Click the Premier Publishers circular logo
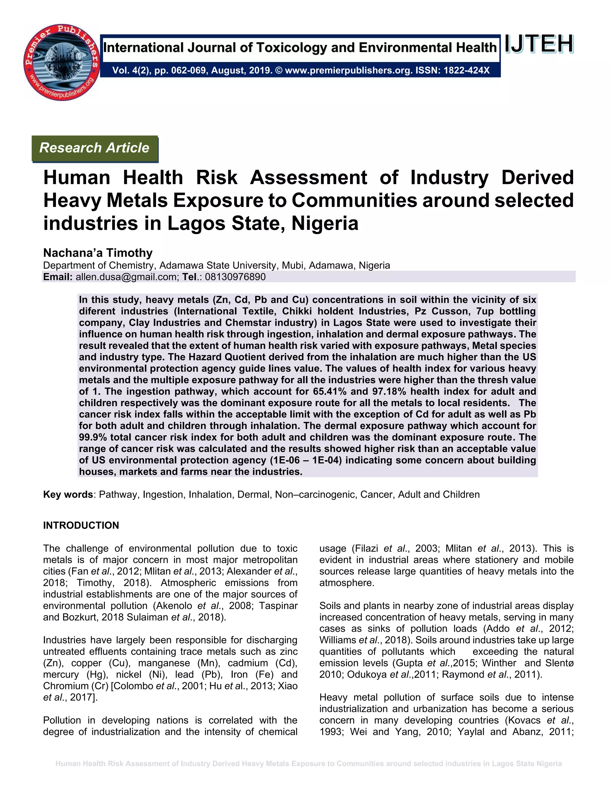[x=61, y=62]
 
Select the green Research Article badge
[x=95, y=148]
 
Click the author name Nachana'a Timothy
[x=98, y=252]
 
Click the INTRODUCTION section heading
[x=81, y=525]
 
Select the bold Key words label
[x=68, y=495]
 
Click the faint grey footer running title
[x=309, y=764]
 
